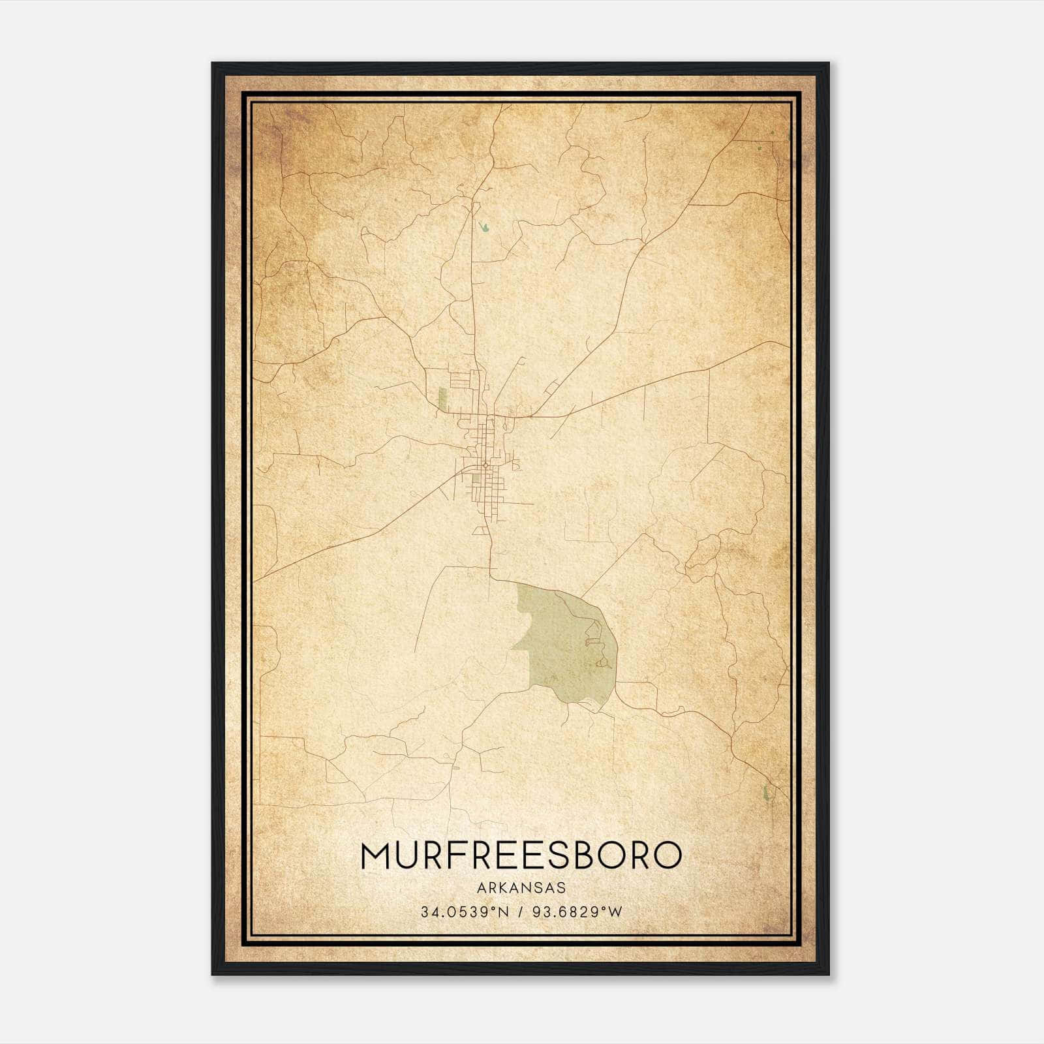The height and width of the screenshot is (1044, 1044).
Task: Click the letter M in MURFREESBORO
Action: (376, 856)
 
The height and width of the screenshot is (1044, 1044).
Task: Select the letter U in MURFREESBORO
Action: (406, 856)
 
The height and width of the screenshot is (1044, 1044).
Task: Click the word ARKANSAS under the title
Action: (521, 888)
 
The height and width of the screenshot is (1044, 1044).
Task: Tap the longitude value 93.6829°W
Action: (579, 912)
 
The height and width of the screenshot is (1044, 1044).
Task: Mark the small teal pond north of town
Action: (484, 227)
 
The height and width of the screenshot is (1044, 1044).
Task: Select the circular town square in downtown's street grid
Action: (485, 465)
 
